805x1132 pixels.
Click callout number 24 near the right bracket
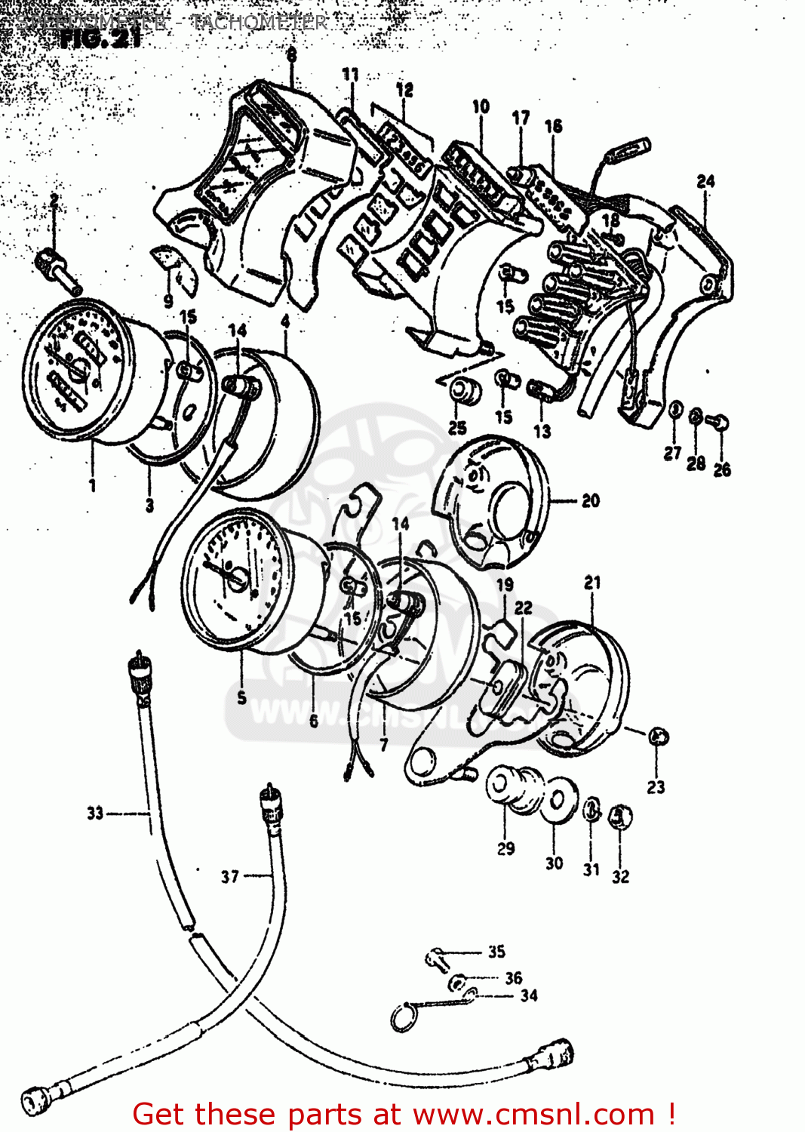[705, 181]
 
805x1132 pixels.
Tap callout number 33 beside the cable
[94, 813]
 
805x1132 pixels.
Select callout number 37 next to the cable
[229, 876]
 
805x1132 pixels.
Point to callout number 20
[591, 500]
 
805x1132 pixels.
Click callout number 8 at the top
[291, 54]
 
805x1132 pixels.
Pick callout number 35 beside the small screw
[496, 952]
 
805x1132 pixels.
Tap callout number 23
[656, 787]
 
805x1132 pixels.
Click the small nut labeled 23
[658, 736]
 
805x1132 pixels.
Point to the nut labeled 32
[620, 816]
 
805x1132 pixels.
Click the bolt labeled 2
[57, 268]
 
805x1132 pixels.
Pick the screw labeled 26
[721, 423]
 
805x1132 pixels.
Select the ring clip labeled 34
[404, 1018]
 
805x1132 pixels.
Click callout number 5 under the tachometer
[241, 697]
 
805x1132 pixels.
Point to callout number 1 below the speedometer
[92, 484]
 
